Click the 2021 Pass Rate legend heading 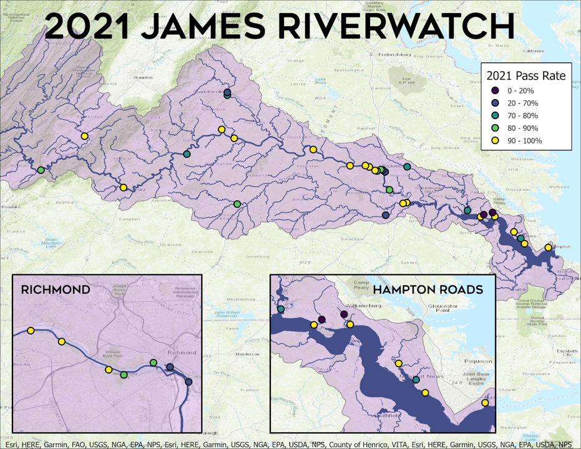525,76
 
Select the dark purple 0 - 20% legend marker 494,91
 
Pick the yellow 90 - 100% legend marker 494,140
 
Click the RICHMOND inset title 56,290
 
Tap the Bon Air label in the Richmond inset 22,364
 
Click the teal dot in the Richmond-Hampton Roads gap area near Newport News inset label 416,379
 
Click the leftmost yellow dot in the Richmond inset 30,330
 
